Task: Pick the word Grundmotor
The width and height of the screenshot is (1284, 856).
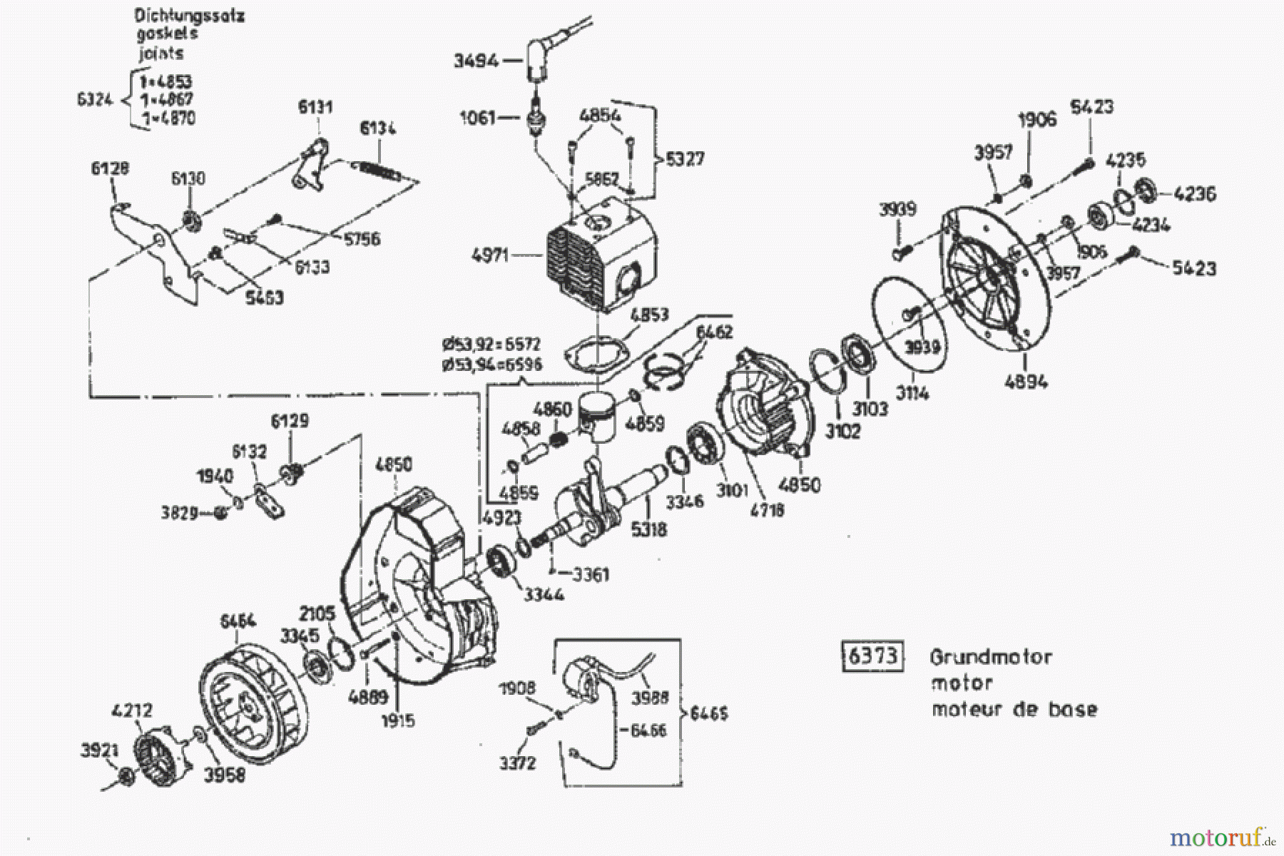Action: [990, 656]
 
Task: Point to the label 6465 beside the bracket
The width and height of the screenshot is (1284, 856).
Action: [708, 713]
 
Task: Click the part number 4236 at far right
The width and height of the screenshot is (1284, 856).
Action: [1195, 194]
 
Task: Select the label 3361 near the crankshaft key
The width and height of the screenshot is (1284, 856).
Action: [591, 574]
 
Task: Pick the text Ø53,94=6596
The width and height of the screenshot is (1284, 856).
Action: [491, 365]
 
